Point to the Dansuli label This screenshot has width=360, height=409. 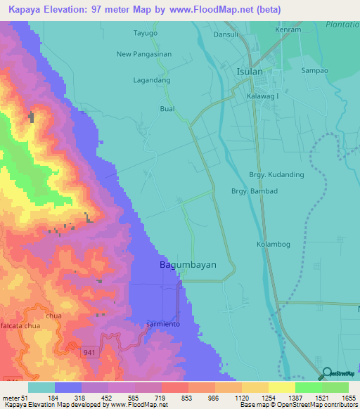[x=227, y=33]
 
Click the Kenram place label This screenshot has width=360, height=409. [x=289, y=30]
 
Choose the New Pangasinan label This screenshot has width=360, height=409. [x=143, y=54]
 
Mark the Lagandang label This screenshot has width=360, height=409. [x=153, y=81]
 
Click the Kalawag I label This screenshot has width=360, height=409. [x=263, y=96]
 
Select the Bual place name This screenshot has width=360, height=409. [x=167, y=109]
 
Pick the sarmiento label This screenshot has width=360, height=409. [x=164, y=323]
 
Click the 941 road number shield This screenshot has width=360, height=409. [x=87, y=351]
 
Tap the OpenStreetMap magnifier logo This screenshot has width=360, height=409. [x=327, y=374]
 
